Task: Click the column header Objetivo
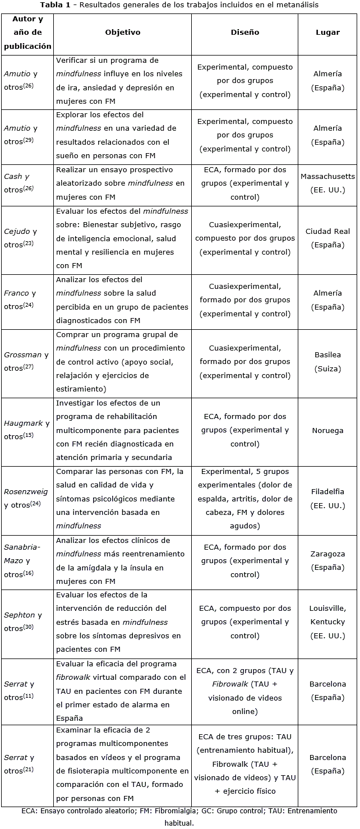[x=123, y=33]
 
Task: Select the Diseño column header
[x=245, y=33]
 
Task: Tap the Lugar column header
[x=327, y=33]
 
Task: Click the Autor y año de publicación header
[x=27, y=33]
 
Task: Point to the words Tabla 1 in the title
[x=54, y=5]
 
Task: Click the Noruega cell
[x=327, y=431]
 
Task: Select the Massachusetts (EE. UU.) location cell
[x=327, y=183]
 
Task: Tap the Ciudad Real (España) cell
[x=327, y=238]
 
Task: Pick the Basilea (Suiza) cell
[x=327, y=361]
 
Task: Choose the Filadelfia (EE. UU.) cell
[x=327, y=498]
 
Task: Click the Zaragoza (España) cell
[x=327, y=560]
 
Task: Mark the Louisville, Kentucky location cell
[x=327, y=622]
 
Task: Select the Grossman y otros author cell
[x=26, y=361]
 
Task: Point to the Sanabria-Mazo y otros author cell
[x=22, y=560]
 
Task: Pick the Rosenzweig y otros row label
[x=26, y=498]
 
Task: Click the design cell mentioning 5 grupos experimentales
[x=245, y=499]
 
